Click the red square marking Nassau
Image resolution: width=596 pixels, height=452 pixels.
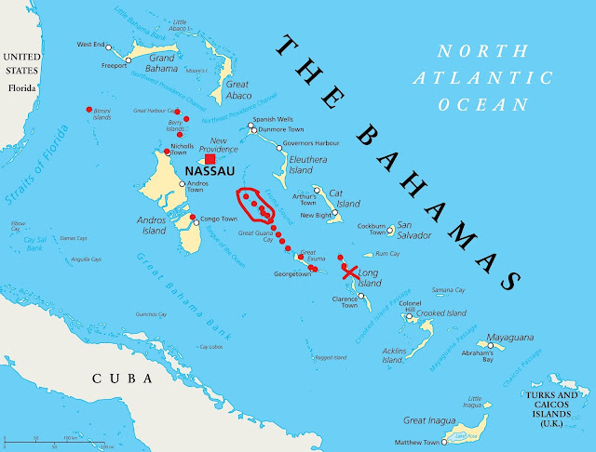point(210,159)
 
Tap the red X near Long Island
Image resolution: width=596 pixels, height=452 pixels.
point(349,273)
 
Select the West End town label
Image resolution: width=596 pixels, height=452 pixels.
point(90,44)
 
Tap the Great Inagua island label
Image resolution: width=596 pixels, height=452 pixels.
point(427,421)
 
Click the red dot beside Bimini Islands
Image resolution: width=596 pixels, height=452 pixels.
point(88,108)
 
